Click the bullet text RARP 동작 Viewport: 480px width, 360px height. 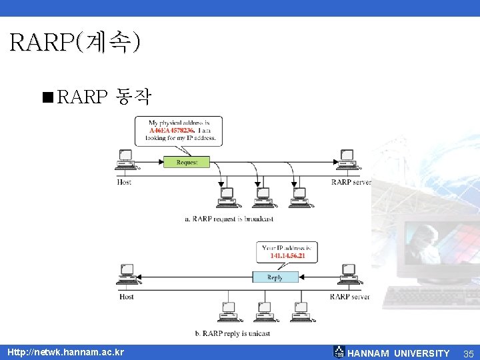[105, 98]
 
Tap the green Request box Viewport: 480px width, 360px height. [186, 162]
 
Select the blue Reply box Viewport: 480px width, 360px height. [275, 277]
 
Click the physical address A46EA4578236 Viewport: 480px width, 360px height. [172, 131]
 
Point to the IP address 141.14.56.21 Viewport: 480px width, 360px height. [287, 256]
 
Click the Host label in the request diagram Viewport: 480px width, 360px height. [124, 182]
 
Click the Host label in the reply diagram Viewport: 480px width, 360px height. [126, 297]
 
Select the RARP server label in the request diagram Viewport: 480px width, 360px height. [351, 182]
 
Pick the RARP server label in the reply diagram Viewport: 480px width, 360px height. [349, 297]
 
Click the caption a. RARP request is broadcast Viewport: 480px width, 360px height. [229, 219]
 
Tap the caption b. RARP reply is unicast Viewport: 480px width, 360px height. [233, 333]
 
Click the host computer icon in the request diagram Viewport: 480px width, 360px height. [125, 159]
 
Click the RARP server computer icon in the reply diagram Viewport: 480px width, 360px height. [347, 274]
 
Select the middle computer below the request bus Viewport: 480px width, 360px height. [262, 196]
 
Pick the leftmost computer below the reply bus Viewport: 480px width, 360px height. [228, 311]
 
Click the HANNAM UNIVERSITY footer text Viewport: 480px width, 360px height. [399, 353]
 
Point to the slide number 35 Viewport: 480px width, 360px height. [468, 353]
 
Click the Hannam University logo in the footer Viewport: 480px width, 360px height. [339, 353]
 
